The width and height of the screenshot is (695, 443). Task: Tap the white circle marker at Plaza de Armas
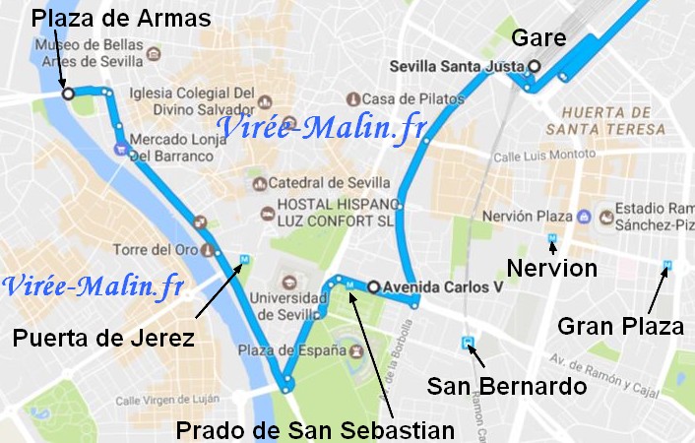[68, 94]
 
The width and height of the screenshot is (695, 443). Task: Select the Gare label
[538, 39]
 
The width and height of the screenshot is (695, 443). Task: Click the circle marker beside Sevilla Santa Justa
[534, 67]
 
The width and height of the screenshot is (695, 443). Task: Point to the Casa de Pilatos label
[406, 98]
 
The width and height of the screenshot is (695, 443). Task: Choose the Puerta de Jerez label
[102, 338]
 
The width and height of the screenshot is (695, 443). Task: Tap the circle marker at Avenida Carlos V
[373, 286]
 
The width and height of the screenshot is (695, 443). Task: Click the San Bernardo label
[507, 387]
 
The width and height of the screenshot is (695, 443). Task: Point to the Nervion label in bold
[551, 268]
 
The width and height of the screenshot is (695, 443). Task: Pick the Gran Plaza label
[620, 326]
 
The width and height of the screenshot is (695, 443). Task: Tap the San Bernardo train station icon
[469, 344]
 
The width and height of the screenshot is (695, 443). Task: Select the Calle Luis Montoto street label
[537, 157]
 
